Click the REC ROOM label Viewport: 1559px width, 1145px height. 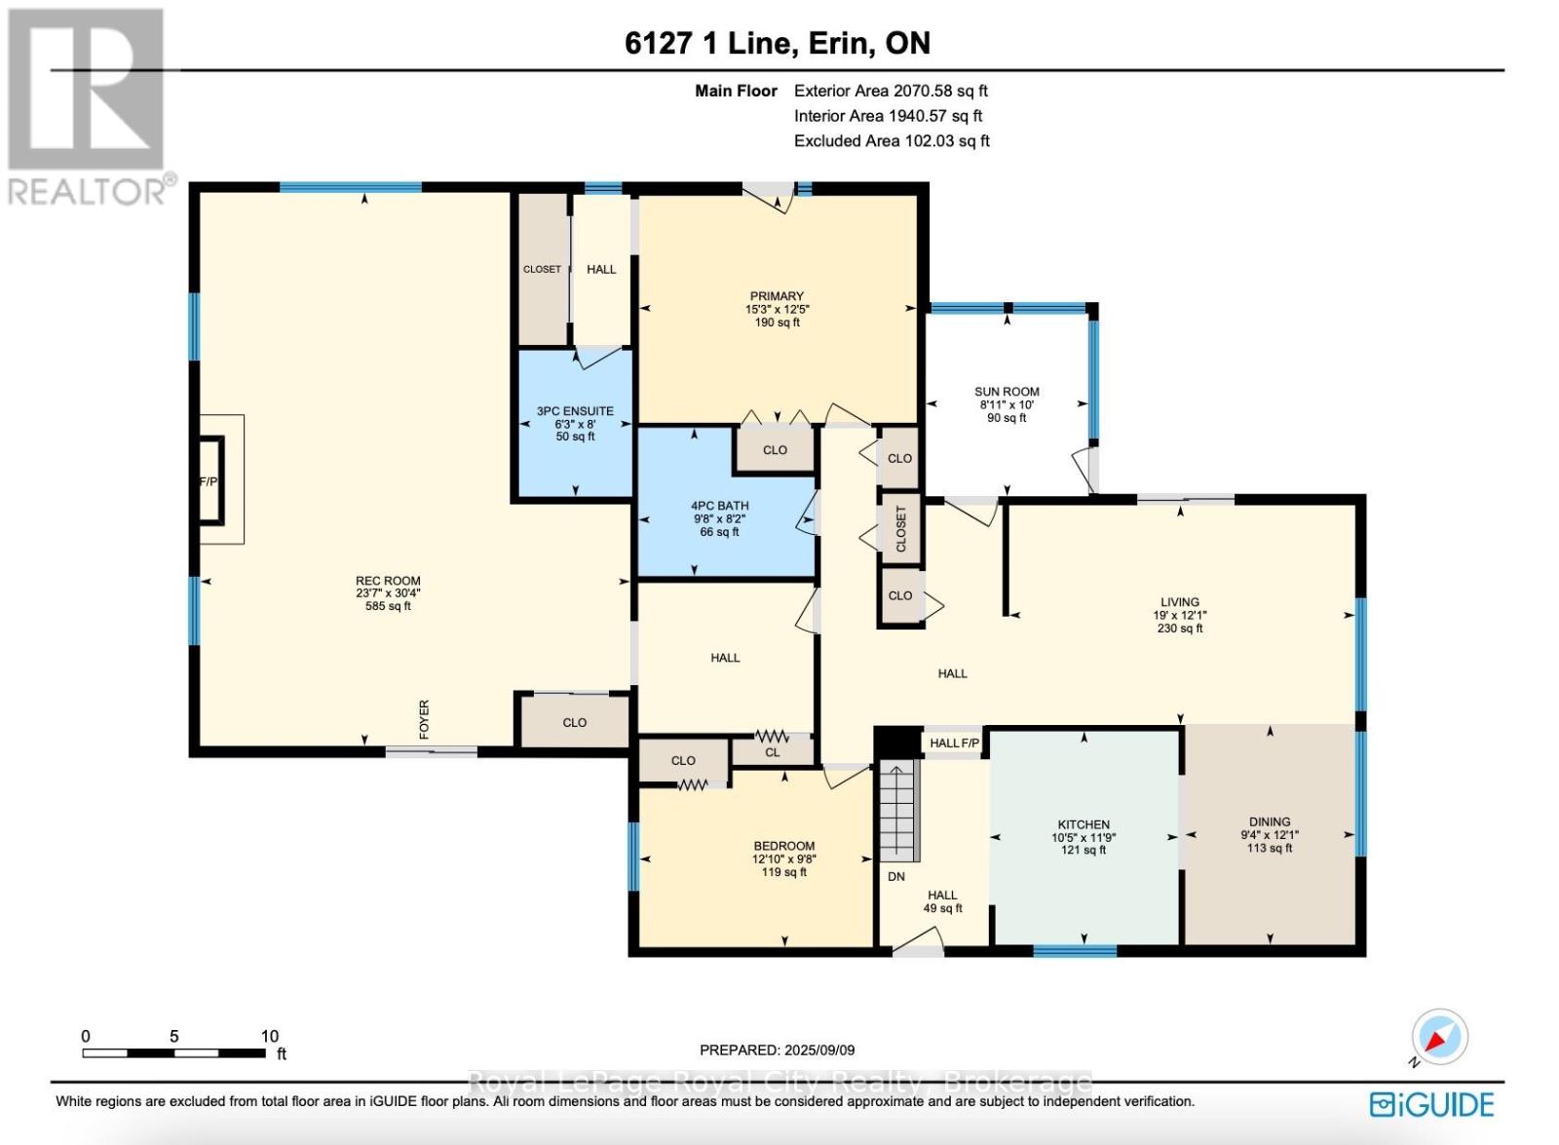[x=388, y=581]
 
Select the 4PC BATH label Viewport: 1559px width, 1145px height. [x=719, y=506]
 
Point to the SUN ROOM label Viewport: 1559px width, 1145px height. [x=1007, y=392]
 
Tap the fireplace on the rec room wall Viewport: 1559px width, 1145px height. [x=210, y=480]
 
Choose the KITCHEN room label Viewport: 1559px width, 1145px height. [x=1084, y=824]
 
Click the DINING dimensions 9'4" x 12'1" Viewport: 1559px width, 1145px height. [x=1269, y=835]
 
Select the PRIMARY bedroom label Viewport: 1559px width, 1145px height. [x=777, y=296]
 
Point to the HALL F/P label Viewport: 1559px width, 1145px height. [x=953, y=744]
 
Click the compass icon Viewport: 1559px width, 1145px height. [x=1439, y=1037]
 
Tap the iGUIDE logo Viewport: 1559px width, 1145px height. [x=1431, y=1104]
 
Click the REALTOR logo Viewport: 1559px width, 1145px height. [x=88, y=107]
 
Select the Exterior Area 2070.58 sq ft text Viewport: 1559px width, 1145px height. [x=891, y=91]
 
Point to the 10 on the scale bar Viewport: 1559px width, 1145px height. [x=270, y=1036]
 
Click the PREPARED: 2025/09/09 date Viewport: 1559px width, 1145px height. [x=777, y=1050]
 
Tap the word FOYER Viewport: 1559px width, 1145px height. [x=424, y=719]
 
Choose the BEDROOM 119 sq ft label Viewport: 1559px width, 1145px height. [x=783, y=872]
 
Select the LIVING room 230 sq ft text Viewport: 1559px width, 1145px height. [x=1179, y=629]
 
